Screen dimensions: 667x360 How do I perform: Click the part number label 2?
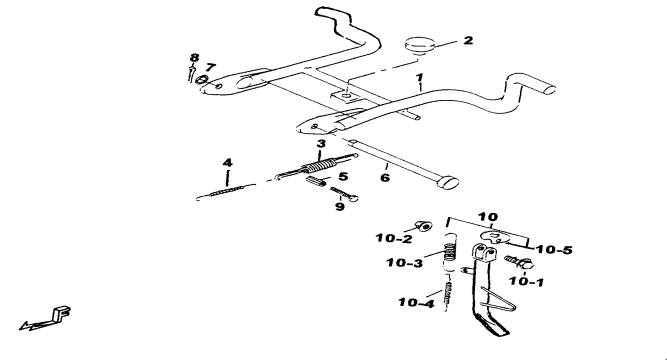[x=468, y=40]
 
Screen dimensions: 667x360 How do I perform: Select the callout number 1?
[x=420, y=78]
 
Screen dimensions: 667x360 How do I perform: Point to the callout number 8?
[x=194, y=57]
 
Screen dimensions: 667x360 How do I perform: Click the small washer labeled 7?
[x=202, y=80]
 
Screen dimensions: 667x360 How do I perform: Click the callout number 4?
[x=228, y=163]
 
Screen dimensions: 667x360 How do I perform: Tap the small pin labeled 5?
[x=316, y=181]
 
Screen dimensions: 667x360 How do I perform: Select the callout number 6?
[x=385, y=177]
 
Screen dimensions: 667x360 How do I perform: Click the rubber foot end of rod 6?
[x=447, y=182]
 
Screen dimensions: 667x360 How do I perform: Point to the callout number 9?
[x=339, y=207]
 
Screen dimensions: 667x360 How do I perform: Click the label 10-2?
[x=394, y=238]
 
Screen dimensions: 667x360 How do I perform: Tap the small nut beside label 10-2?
[x=423, y=226]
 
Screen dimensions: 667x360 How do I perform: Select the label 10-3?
[x=405, y=263]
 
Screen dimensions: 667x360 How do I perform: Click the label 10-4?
[x=416, y=303]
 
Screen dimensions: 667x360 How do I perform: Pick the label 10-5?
[x=554, y=250]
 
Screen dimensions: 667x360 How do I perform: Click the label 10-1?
[x=526, y=281]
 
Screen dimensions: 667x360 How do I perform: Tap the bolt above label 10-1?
[x=519, y=262]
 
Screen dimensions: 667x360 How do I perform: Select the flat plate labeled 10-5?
[x=496, y=237]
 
